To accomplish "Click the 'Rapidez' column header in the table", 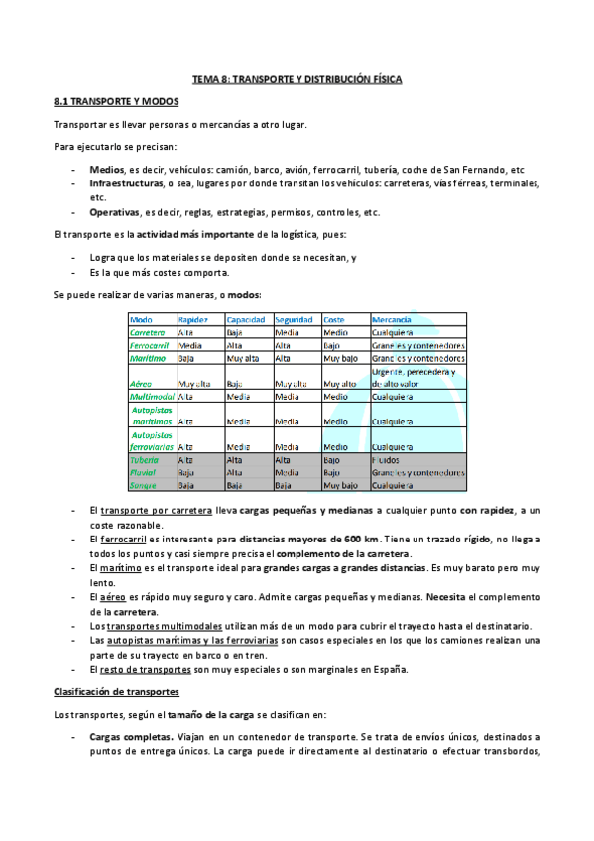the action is [193, 320].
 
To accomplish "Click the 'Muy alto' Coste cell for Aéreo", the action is [340, 383].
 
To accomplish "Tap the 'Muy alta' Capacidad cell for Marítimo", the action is [244, 358].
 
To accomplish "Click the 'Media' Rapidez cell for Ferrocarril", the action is [190, 345].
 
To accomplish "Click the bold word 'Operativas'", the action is [113, 212].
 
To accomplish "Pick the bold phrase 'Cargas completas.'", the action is [131, 737].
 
